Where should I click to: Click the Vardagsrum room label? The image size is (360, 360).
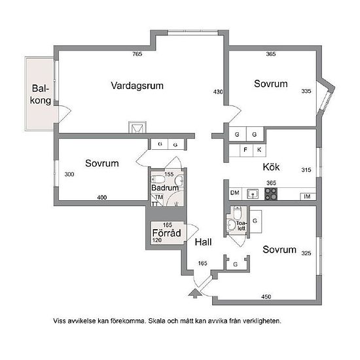pos(137,86)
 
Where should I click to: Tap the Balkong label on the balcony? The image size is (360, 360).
pos(41,94)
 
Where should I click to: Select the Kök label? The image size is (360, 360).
pos(271,167)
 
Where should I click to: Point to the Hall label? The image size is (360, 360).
pos(203,242)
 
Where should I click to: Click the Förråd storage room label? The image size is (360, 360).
pos(166,233)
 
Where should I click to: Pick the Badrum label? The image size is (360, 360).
pos(165,188)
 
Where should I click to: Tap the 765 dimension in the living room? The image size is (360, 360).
pos(137,54)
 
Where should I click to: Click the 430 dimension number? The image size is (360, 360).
pos(218,92)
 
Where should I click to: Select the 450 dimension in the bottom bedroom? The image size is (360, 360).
pos(266,297)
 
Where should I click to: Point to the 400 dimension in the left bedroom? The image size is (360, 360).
pos(101,198)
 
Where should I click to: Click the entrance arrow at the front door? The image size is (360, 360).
pos(194,293)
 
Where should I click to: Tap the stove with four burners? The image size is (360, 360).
pos(271,194)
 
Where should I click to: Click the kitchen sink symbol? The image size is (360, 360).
pos(253,194)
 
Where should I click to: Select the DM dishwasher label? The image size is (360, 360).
pos(234,193)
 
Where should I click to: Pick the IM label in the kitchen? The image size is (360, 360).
pos(307,196)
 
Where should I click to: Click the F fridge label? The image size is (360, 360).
pos(245,150)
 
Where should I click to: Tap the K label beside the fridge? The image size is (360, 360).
pos(259,150)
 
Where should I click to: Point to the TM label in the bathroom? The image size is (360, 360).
pos(159,197)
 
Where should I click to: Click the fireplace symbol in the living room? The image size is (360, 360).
pos(137,127)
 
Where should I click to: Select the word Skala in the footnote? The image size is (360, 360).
pos(157,321)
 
